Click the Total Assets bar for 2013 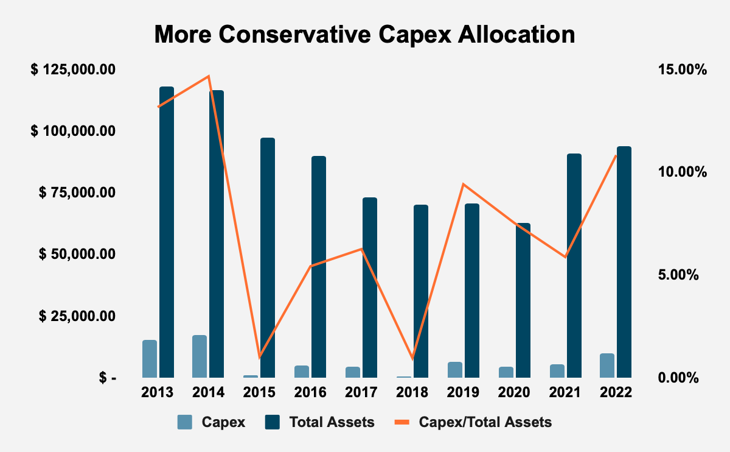point(167,231)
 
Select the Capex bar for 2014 point(200,356)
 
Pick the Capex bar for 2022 point(607,365)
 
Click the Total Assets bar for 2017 point(370,287)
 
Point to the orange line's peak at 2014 point(209,76)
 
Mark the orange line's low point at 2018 point(412,357)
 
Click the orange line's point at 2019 point(464,184)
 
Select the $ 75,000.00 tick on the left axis point(77,192)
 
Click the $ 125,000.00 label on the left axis point(74,69)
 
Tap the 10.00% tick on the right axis point(681,172)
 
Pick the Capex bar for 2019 point(455,370)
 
